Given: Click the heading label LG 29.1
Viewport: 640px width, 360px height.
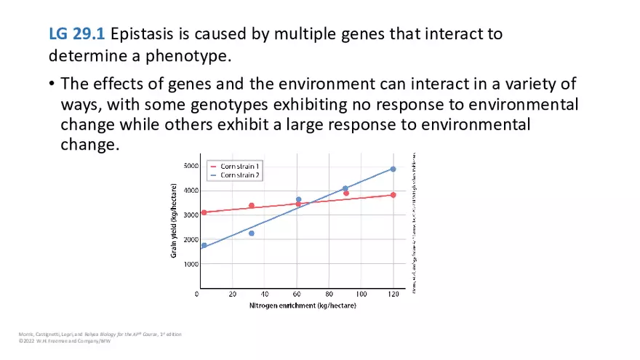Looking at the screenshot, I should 76,34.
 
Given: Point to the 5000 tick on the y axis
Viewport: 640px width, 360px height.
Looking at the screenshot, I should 190,166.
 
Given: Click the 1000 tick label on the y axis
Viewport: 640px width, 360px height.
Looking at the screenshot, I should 190,264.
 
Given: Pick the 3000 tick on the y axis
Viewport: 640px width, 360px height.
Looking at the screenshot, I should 190,215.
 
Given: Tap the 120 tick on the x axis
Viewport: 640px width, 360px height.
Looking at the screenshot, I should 393,294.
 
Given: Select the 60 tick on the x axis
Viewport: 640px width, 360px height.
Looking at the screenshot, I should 297,294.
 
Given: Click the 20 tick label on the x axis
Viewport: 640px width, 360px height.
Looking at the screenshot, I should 233,294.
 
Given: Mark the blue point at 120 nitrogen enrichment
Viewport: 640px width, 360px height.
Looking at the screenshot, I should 393,169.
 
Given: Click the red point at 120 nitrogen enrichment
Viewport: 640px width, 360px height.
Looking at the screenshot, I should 393,195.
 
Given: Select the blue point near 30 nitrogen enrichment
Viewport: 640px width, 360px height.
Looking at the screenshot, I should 252,233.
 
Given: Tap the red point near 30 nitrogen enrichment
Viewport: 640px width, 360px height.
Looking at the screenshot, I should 252,206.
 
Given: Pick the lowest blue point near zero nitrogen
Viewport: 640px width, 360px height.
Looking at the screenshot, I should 204,245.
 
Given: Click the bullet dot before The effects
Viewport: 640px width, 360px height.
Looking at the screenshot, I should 52,84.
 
